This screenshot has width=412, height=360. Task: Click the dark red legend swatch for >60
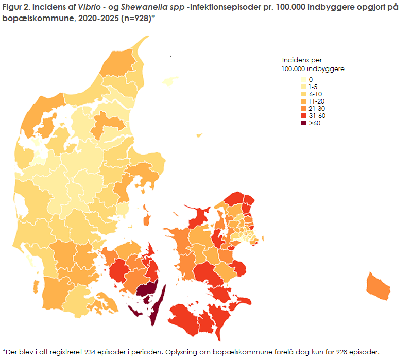(x=304, y=123)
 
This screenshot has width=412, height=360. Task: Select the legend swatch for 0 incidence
(x=304, y=80)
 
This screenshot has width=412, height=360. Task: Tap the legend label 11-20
(x=316, y=101)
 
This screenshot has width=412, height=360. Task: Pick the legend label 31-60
(x=316, y=116)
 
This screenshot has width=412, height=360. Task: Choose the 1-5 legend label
(x=313, y=87)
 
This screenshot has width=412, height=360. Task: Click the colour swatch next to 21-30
(x=304, y=109)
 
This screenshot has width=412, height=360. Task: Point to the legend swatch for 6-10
(x=304, y=94)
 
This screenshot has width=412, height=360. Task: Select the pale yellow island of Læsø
(x=168, y=81)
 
